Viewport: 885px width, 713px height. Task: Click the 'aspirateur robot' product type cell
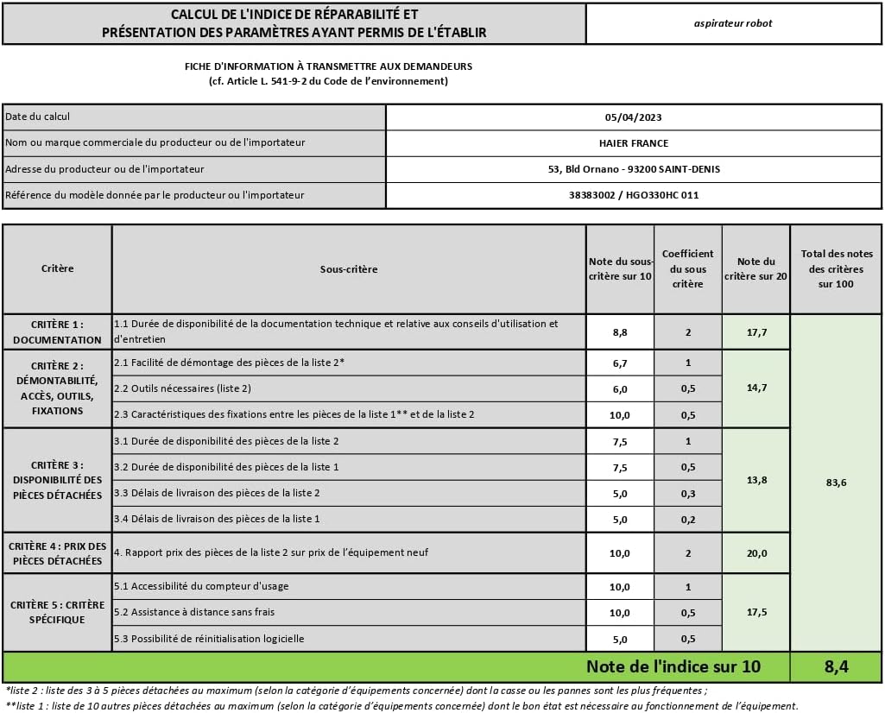coord(733,23)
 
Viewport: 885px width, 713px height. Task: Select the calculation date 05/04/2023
coord(634,117)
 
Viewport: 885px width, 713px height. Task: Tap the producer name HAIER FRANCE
coord(634,143)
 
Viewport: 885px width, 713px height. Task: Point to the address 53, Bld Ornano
coord(634,169)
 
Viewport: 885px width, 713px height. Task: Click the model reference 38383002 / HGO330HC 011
coord(634,195)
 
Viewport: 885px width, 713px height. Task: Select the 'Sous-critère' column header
coord(349,269)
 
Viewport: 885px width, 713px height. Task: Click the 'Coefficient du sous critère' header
coord(688,268)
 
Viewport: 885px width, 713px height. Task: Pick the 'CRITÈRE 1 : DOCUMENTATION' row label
coord(58,332)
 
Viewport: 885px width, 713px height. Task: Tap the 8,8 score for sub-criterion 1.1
coord(620,331)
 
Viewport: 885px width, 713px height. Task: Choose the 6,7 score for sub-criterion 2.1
coord(620,363)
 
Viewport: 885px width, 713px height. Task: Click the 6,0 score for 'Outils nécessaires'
coord(620,389)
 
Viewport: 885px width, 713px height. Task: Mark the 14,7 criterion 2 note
coord(755,388)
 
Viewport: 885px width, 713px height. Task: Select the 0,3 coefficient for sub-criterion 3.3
coord(688,493)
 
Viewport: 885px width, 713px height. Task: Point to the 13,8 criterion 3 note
coord(755,480)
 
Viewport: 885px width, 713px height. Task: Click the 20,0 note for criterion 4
coord(755,553)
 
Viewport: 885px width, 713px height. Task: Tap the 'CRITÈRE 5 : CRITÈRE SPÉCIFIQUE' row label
coord(58,612)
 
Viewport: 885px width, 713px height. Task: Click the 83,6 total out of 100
coord(836,483)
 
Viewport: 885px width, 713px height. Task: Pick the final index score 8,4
coord(836,666)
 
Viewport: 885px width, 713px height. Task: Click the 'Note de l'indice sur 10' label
coord(673,666)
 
